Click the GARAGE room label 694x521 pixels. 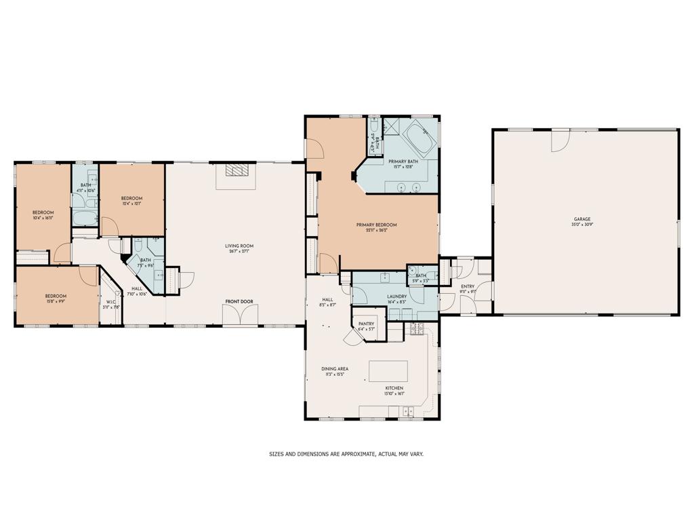[x=582, y=219]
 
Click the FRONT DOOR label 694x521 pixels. [x=239, y=301]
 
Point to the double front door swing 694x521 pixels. [x=241, y=315]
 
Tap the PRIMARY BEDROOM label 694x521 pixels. [x=377, y=225]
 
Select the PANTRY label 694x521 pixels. [x=367, y=324]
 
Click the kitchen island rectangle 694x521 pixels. [x=388, y=371]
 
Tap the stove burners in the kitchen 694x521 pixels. [x=416, y=330]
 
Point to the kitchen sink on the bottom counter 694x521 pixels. [x=409, y=411]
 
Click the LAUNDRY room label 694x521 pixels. [x=396, y=296]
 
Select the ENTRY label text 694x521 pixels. [x=468, y=286]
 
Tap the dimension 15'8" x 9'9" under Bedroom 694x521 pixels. [x=56, y=301]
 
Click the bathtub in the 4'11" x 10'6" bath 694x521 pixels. [x=85, y=218]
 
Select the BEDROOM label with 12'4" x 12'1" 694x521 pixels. [x=131, y=198]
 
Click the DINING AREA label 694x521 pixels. [x=335, y=368]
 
